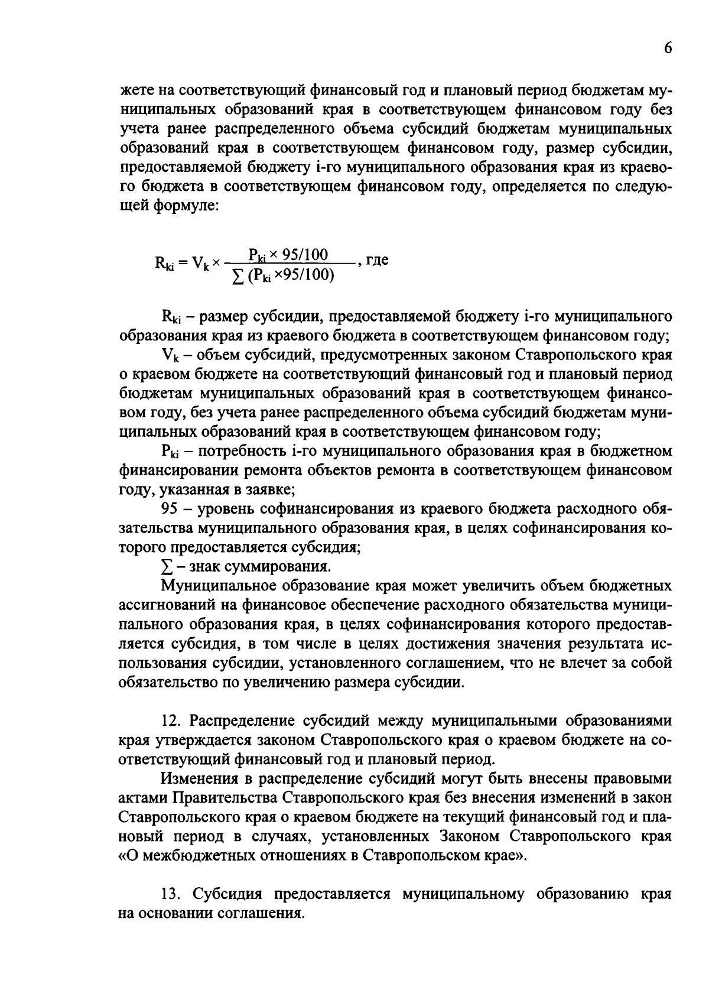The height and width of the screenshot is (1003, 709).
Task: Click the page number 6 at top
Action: coord(667,49)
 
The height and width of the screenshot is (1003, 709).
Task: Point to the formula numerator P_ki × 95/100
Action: coord(288,255)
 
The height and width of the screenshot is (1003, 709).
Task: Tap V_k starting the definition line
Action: coord(168,356)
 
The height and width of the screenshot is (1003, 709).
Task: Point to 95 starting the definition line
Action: coord(170,509)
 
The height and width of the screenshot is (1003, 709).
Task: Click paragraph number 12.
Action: coord(170,721)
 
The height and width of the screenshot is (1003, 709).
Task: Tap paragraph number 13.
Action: coord(170,894)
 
